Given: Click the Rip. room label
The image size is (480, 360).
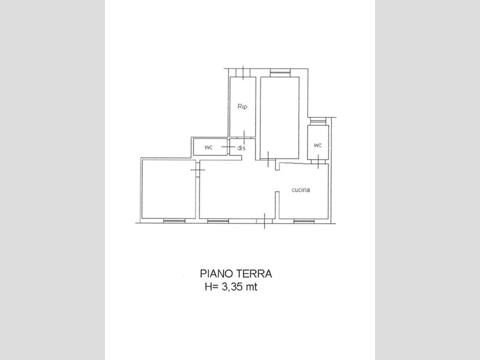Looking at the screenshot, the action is click(x=242, y=107).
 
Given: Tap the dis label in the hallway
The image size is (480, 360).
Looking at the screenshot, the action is click(x=242, y=148).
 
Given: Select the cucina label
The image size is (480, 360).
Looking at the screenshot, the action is click(x=301, y=190).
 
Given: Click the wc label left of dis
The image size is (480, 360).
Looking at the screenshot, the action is click(x=208, y=147).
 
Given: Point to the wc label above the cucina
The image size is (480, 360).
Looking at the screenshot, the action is click(x=318, y=145).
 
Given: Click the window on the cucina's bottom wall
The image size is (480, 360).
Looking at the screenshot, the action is click(x=304, y=221).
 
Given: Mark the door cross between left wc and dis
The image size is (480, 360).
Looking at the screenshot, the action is click(x=228, y=147).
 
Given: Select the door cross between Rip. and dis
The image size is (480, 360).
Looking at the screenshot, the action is click(x=244, y=138).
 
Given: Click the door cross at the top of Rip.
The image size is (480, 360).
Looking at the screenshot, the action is click(x=243, y=73).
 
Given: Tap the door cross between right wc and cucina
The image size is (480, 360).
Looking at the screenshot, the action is click(x=319, y=161).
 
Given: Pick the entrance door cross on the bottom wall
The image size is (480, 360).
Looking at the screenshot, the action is click(x=265, y=220).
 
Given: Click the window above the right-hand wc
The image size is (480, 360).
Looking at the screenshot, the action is click(x=318, y=121).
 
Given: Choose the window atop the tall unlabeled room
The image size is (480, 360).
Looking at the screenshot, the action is click(x=280, y=73).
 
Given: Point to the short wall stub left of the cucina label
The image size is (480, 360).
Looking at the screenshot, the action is click(x=277, y=205).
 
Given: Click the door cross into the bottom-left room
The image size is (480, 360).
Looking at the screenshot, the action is click(x=198, y=169).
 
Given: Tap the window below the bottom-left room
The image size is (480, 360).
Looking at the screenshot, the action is click(x=174, y=221).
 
